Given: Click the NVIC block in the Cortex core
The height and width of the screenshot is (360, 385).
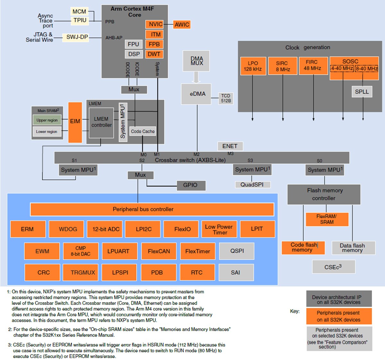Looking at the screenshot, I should [x=155, y=24].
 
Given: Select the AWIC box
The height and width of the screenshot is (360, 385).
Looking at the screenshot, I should [x=182, y=24].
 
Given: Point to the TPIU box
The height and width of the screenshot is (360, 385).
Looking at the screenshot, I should [x=80, y=20].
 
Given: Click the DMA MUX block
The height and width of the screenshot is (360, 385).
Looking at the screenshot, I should [x=196, y=61].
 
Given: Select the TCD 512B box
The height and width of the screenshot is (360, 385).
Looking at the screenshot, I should [x=226, y=98].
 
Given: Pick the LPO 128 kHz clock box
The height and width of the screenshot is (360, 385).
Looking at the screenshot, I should [x=253, y=66].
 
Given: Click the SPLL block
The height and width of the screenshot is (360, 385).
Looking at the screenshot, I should [x=362, y=92].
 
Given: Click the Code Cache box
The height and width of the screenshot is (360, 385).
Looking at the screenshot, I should [x=143, y=131].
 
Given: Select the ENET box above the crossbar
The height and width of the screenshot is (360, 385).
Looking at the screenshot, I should [x=230, y=146].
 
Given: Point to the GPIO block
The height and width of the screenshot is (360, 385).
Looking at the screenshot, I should [x=191, y=185].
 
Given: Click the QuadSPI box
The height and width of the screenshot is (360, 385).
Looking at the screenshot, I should [x=252, y=185].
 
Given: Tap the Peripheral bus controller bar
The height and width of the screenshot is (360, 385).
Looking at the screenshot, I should [x=152, y=209].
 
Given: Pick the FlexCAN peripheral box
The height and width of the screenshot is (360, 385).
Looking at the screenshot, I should [x=159, y=251].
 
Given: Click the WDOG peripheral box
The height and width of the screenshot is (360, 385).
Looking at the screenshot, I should [x=68, y=229].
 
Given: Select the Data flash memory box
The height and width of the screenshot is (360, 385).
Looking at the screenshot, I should [x=353, y=248].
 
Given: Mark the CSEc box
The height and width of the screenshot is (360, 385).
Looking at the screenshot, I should [x=333, y=267].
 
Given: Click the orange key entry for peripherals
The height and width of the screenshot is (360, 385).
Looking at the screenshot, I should [x=339, y=316].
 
